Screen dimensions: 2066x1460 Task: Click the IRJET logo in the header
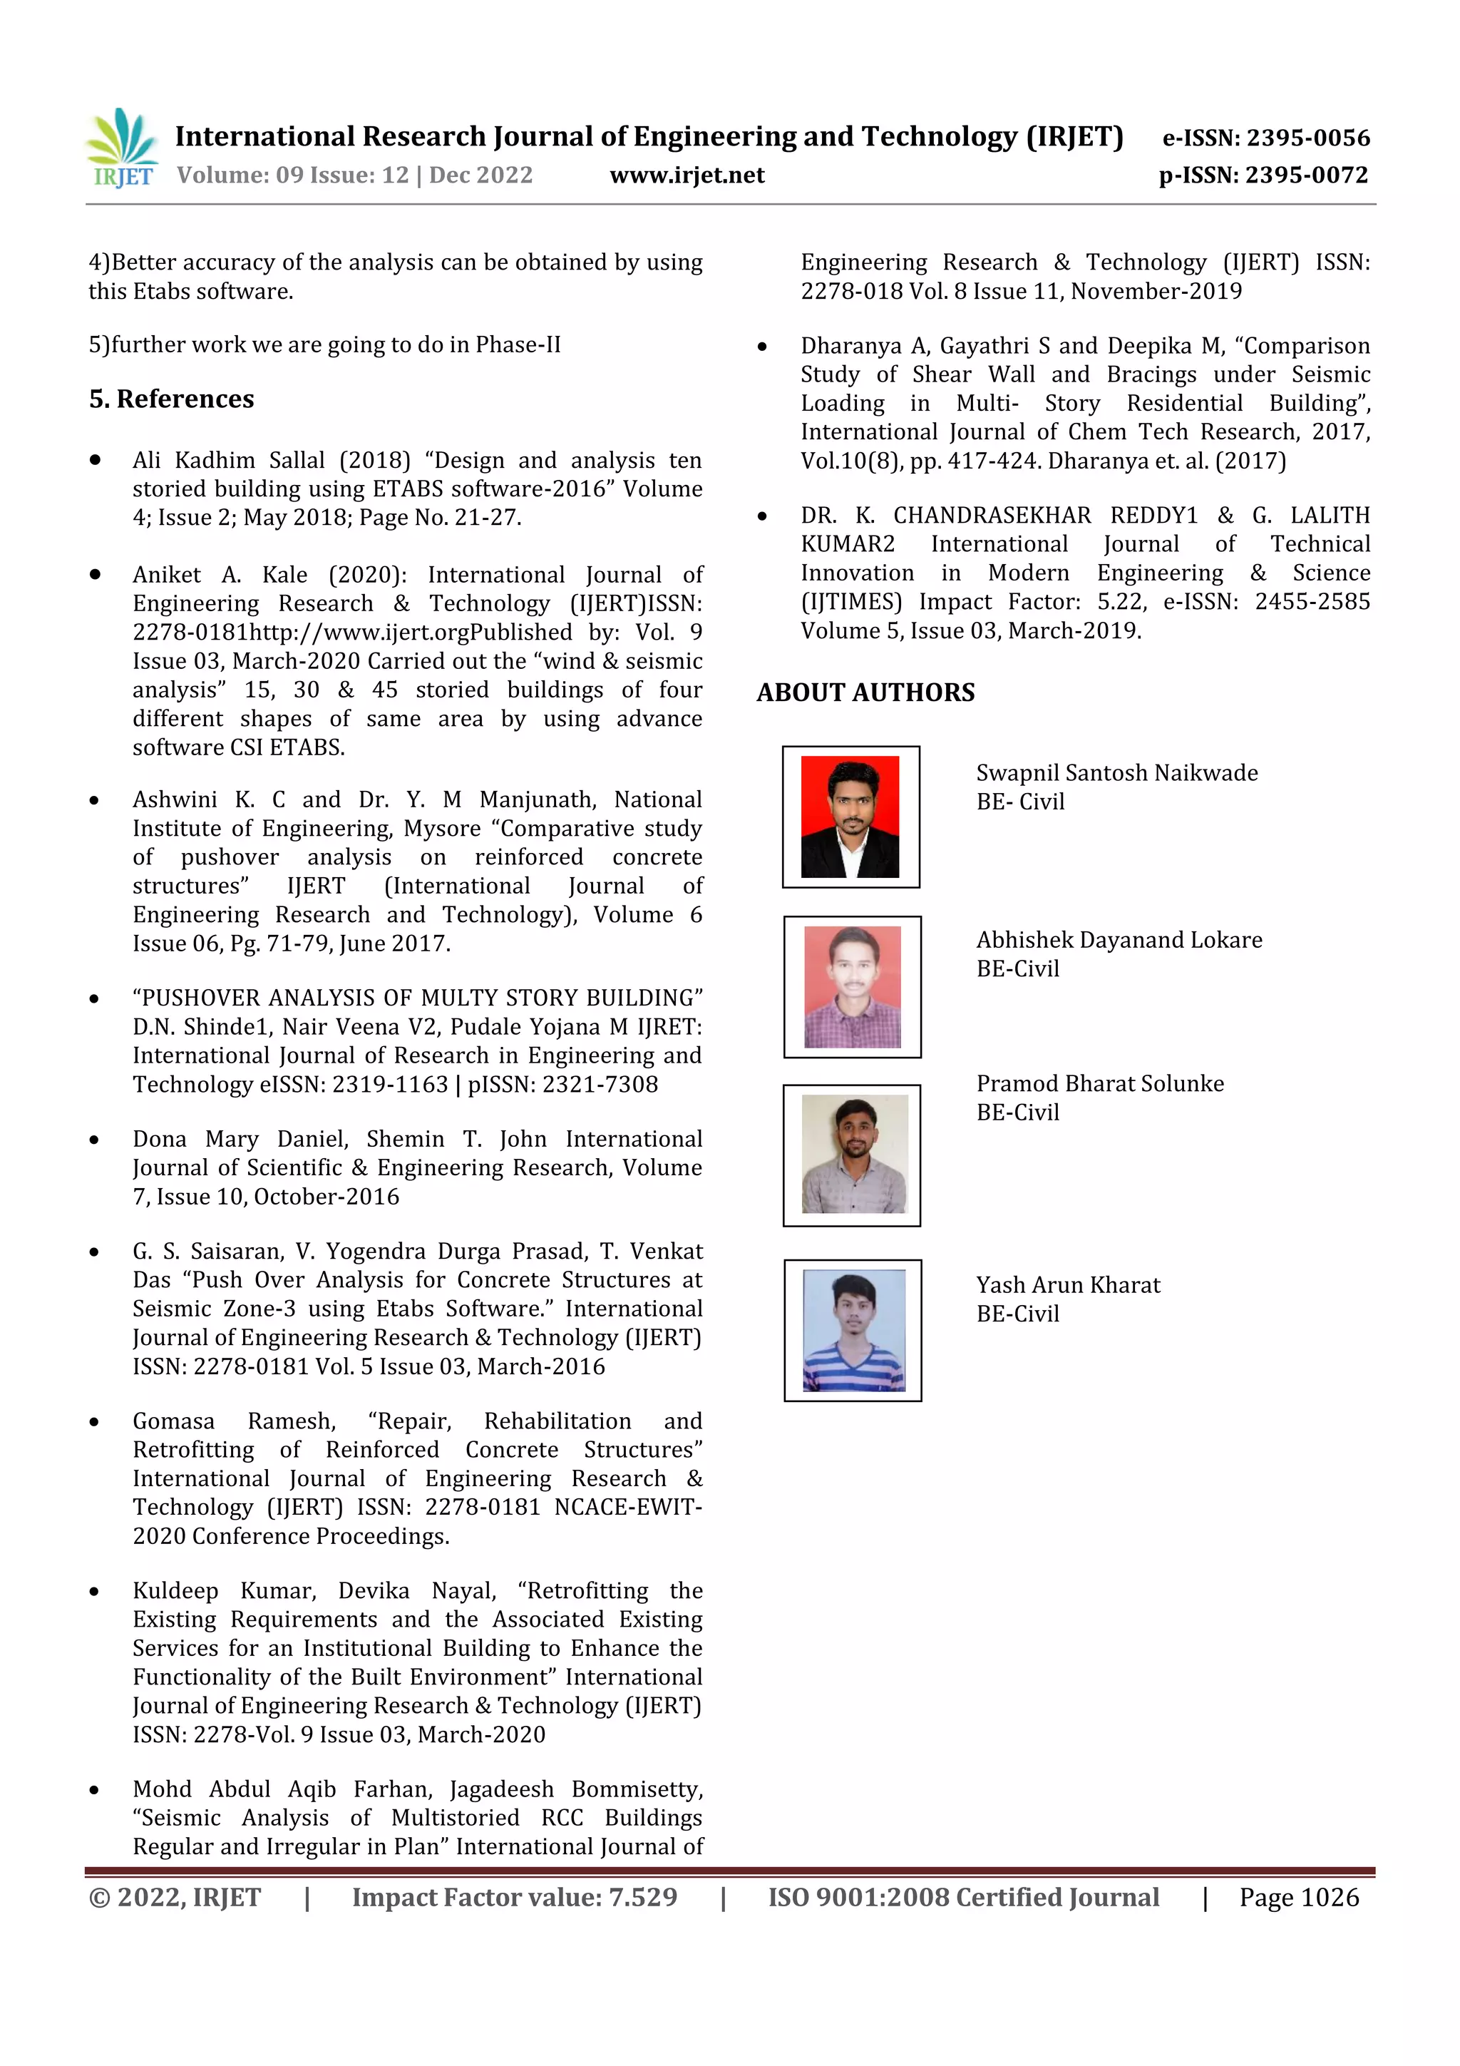click(x=121, y=148)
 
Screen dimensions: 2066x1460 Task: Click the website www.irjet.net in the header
click(x=687, y=175)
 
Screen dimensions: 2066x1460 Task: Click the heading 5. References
click(x=171, y=399)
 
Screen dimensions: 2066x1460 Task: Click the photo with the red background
click(x=850, y=816)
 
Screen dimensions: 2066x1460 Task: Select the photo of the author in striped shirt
click(x=853, y=1330)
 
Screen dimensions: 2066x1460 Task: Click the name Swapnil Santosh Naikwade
click(x=1116, y=773)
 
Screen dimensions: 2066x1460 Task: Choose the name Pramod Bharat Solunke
click(x=1099, y=1083)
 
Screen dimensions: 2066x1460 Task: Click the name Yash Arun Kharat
click(x=1068, y=1285)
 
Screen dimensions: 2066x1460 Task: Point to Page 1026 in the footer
click(x=1298, y=1898)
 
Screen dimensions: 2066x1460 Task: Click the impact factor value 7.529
click(x=642, y=1898)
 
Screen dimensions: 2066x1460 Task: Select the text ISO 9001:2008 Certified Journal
click(x=962, y=1898)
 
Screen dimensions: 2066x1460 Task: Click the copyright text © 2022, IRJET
click(x=175, y=1898)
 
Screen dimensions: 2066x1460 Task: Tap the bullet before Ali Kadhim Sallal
click(x=94, y=461)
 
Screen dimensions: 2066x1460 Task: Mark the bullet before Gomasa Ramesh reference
click(x=94, y=1423)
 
